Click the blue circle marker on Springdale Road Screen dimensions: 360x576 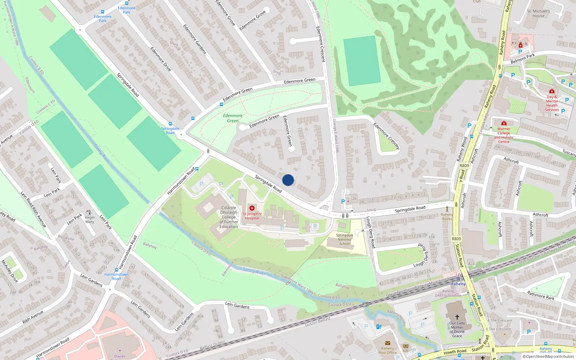288,180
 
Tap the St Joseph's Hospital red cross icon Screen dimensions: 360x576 252,208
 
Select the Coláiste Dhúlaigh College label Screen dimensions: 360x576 229,217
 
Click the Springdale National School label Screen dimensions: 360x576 345,239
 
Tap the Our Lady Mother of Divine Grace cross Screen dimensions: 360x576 457,317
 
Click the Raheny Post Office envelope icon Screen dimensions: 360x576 388,343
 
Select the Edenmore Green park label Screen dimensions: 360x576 233,118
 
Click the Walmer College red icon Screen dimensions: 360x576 504,123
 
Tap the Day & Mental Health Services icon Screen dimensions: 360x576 552,91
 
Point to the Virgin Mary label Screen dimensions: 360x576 90,220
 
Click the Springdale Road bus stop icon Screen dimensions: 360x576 170,124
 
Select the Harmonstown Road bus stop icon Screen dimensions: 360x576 117,270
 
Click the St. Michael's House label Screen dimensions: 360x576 538,13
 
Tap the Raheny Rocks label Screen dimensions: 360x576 447,216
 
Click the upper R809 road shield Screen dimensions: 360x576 464,166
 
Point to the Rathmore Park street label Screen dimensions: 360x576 541,296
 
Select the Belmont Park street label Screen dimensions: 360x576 523,58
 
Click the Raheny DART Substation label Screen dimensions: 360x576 448,293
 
